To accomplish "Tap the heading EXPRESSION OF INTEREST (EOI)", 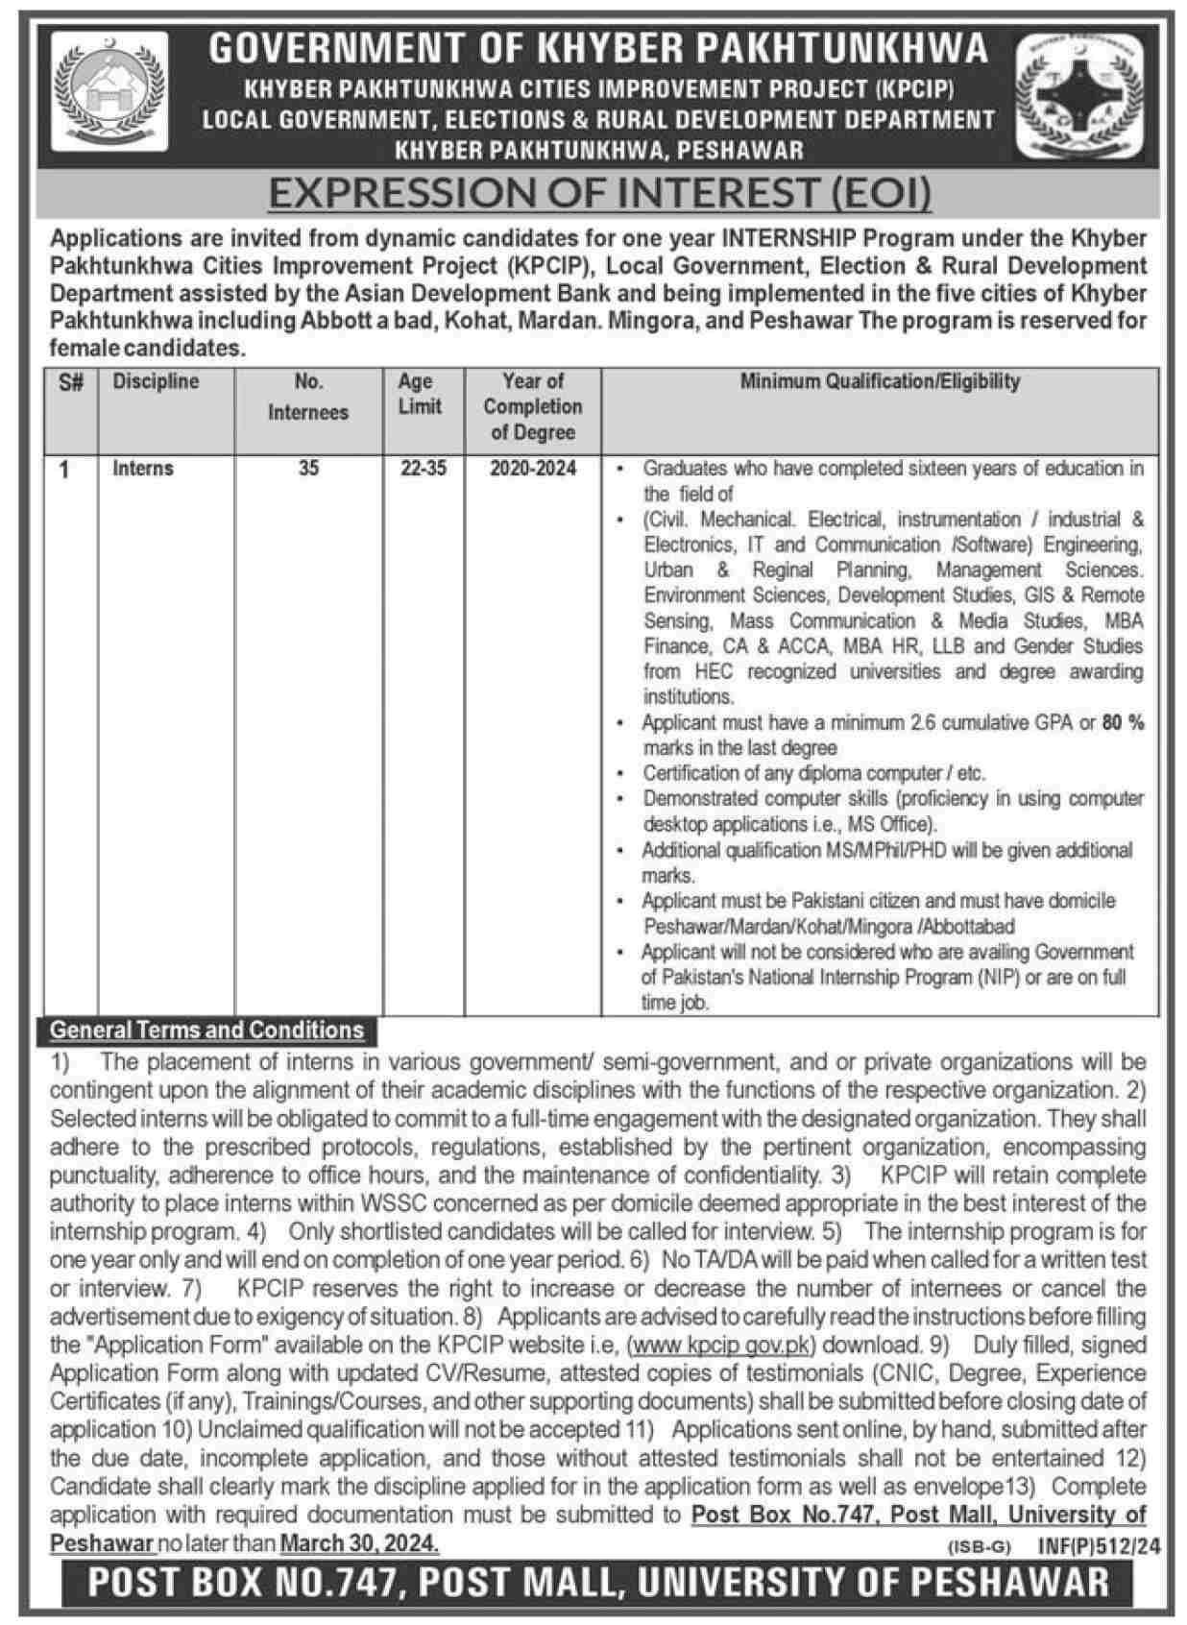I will (x=599, y=193).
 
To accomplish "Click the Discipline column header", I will (x=156, y=381).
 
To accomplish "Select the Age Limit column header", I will (x=420, y=394).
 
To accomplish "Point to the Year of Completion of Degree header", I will (x=533, y=406).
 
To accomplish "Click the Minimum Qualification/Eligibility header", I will (x=879, y=381).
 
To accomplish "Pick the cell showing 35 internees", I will (x=307, y=469).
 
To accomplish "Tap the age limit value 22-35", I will (x=424, y=469).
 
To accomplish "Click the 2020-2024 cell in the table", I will (x=533, y=469).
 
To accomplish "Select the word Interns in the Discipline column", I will (x=143, y=469).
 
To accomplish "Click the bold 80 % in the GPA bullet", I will (x=1123, y=723).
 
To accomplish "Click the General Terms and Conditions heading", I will (x=206, y=1031).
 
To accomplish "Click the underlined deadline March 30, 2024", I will (x=359, y=1543).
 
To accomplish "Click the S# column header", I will (x=70, y=382).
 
